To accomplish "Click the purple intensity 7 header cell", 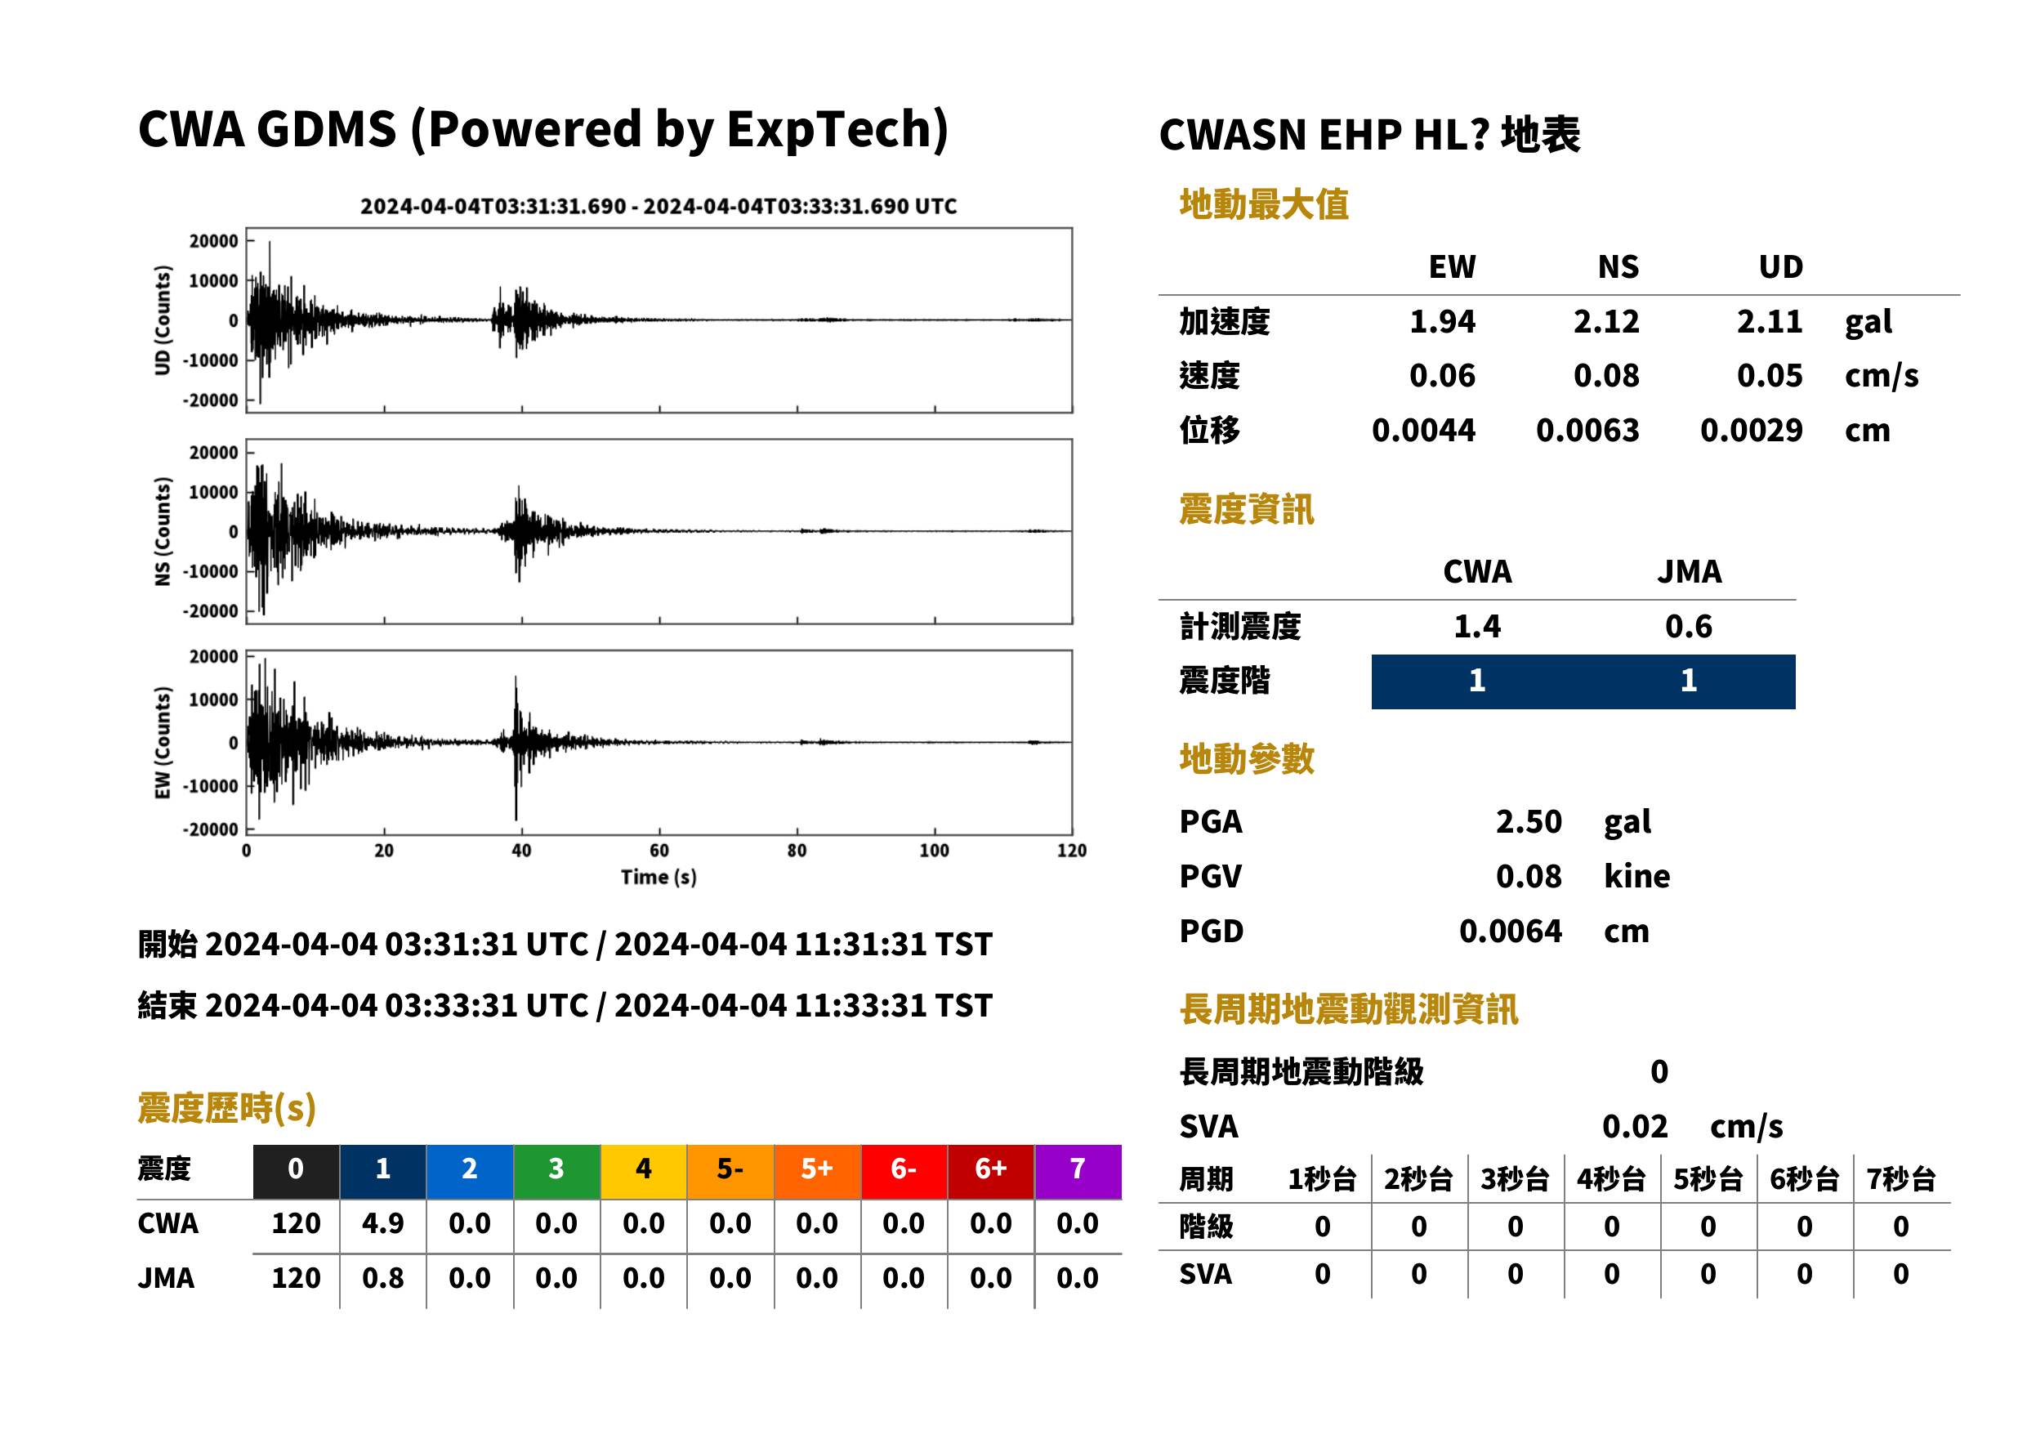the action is (1077, 1171).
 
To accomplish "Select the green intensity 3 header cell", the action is (556, 1171).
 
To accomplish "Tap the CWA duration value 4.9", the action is (382, 1223).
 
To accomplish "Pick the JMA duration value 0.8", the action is (382, 1278).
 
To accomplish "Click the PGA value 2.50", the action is (1528, 821).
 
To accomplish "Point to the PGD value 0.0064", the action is (1510, 931).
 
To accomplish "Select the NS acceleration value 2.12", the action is (1605, 321).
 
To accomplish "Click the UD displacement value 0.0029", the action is (1751, 430).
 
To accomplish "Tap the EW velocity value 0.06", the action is (1441, 375).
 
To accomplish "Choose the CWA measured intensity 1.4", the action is (1477, 626).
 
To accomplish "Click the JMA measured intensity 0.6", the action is (1688, 626).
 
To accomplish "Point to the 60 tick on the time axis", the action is (659, 851).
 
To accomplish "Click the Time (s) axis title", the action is (659, 878).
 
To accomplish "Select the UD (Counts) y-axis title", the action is (163, 320).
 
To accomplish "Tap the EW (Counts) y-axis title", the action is (163, 743).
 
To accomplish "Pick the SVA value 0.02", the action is (1634, 1126).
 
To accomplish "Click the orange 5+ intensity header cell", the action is (816, 1171).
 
